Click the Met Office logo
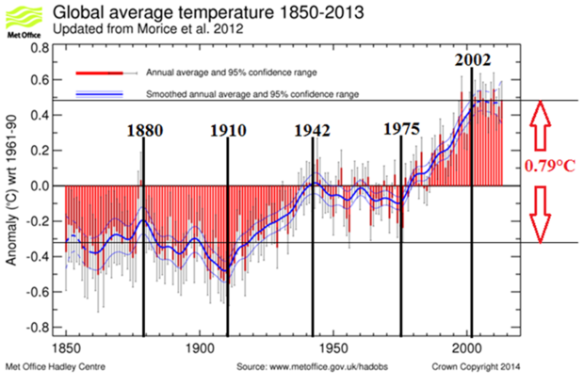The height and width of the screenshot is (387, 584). [22, 19]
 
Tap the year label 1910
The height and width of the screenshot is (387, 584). [227, 131]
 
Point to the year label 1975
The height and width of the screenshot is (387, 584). [401, 130]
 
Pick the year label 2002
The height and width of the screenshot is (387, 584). [472, 59]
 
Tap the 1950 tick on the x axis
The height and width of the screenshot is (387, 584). [335, 347]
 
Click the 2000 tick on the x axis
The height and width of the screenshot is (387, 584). [470, 347]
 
